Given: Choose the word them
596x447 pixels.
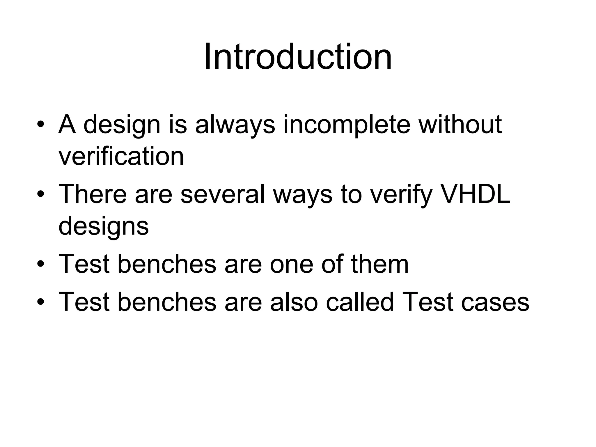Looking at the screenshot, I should coord(380,264).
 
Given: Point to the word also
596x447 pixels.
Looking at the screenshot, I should coord(293,302).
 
